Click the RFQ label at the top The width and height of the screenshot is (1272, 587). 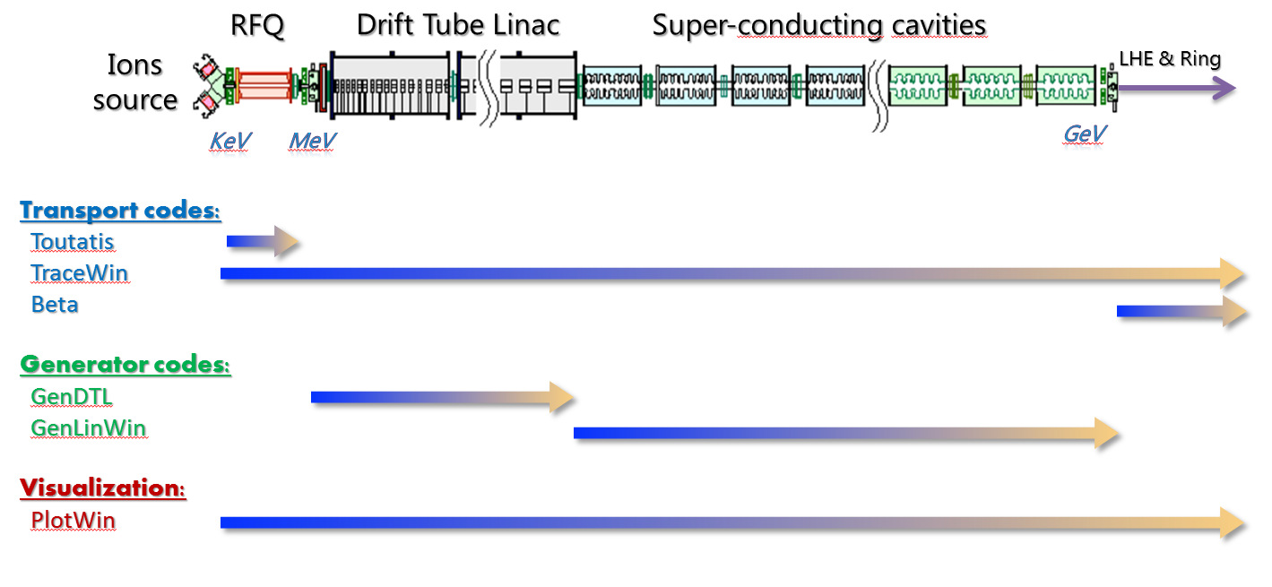(257, 26)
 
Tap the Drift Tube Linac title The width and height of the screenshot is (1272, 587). (458, 26)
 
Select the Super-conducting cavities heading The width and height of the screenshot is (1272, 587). (819, 27)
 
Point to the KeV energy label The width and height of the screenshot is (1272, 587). (230, 140)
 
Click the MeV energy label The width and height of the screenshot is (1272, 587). (312, 140)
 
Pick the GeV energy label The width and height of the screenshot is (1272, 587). (1085, 134)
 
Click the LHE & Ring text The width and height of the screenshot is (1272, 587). (1170, 58)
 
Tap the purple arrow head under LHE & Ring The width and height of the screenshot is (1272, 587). (1224, 88)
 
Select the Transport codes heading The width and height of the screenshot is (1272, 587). (120, 211)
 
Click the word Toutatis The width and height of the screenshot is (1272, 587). (73, 242)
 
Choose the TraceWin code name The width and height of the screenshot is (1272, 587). (80, 273)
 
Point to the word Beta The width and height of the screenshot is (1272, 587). (55, 305)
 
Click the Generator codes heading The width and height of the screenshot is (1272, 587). (125, 365)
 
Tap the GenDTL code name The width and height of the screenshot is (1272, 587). (72, 397)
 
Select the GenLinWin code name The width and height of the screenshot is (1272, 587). (89, 428)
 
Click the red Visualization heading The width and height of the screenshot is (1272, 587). (103, 488)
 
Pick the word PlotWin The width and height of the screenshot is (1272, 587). (74, 520)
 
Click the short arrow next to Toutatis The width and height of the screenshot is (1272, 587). (263, 242)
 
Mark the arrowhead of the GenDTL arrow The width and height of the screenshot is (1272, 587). (562, 397)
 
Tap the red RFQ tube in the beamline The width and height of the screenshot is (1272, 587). (264, 86)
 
